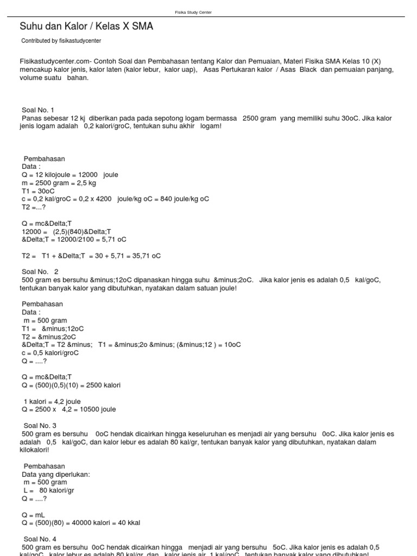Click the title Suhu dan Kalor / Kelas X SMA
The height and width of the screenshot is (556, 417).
point(86,26)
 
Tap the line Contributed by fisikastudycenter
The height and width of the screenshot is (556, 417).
point(61,41)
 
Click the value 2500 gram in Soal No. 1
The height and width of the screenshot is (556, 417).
point(260,118)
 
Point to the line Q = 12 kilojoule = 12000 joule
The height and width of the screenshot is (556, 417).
point(70,175)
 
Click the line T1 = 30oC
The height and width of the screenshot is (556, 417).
point(38,191)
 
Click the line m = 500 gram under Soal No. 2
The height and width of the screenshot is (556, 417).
point(46,320)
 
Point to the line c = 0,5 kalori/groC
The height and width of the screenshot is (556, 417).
point(50,352)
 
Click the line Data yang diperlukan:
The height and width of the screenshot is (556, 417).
point(56,474)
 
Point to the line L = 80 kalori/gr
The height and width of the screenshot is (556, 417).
point(48,490)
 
